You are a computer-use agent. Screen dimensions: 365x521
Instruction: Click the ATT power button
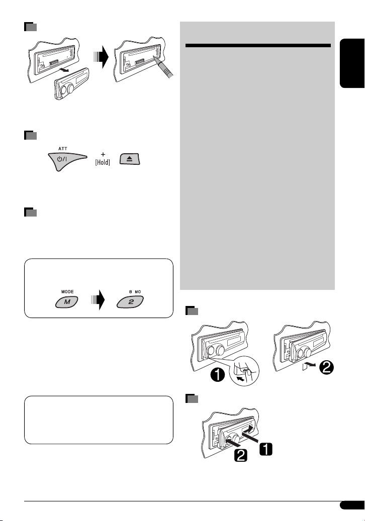click(65, 160)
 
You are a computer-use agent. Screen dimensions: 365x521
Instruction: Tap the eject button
click(130, 159)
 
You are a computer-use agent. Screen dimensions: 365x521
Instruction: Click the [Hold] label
click(103, 162)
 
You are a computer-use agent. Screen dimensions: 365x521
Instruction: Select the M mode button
click(67, 302)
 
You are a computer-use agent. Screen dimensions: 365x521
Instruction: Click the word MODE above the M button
click(67, 291)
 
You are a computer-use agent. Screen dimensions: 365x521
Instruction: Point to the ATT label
click(63, 149)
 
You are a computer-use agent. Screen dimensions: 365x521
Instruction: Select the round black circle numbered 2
click(326, 367)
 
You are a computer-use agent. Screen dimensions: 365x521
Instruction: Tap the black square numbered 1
click(266, 449)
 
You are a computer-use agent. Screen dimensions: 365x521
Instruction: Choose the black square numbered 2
click(241, 455)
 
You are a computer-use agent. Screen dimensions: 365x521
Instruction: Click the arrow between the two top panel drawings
click(101, 57)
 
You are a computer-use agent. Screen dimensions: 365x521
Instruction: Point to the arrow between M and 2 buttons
click(98, 300)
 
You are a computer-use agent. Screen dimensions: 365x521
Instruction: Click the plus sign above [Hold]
click(103, 154)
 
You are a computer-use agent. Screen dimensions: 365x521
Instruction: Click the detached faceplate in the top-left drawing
click(72, 83)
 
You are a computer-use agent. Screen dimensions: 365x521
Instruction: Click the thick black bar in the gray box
click(258, 46)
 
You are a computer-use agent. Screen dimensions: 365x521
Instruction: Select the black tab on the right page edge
click(352, 63)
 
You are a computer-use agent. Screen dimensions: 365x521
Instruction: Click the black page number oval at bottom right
click(352, 505)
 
